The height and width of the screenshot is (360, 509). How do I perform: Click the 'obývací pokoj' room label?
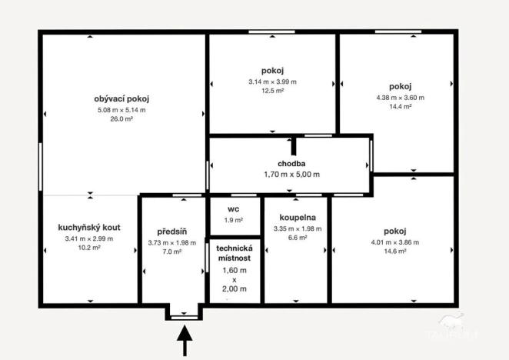click(121, 99)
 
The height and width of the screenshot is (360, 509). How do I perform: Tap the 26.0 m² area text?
click(121, 119)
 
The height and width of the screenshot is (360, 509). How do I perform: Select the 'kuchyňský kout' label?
click(89, 228)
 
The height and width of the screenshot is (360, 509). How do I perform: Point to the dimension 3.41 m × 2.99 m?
click(89, 239)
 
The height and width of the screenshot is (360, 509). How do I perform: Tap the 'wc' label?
click(234, 209)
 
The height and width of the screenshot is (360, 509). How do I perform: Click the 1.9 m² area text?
click(234, 221)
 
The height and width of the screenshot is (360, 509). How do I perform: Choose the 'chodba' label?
click(291, 164)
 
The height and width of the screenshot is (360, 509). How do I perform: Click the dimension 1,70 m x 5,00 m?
click(291, 175)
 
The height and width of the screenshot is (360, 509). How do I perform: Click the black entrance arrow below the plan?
click(185, 341)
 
